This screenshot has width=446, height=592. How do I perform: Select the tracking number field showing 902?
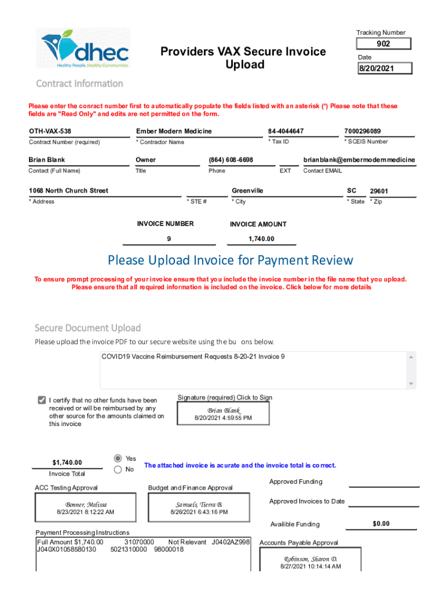pos(383,44)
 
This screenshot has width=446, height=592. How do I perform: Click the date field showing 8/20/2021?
pos(385,69)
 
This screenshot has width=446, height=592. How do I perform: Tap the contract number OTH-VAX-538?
pos(50,131)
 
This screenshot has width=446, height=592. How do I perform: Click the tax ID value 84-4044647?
pos(286,131)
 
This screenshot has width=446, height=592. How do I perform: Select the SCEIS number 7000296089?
pos(362,131)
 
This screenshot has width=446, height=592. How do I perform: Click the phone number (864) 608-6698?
pos(231,160)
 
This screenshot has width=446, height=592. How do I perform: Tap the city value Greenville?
pos(247,191)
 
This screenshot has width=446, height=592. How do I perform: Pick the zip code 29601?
pos(379,191)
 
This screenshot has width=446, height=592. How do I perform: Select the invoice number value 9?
pos(169,239)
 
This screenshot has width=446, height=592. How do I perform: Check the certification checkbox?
pos(42,400)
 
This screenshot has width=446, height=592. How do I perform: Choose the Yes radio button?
pos(118,458)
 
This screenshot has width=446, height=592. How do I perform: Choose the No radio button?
pos(118,470)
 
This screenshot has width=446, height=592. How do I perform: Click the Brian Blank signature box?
pos(223,414)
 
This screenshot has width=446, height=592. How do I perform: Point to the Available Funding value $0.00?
pos(381,524)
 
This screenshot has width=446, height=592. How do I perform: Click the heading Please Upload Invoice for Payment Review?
pos(230,260)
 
